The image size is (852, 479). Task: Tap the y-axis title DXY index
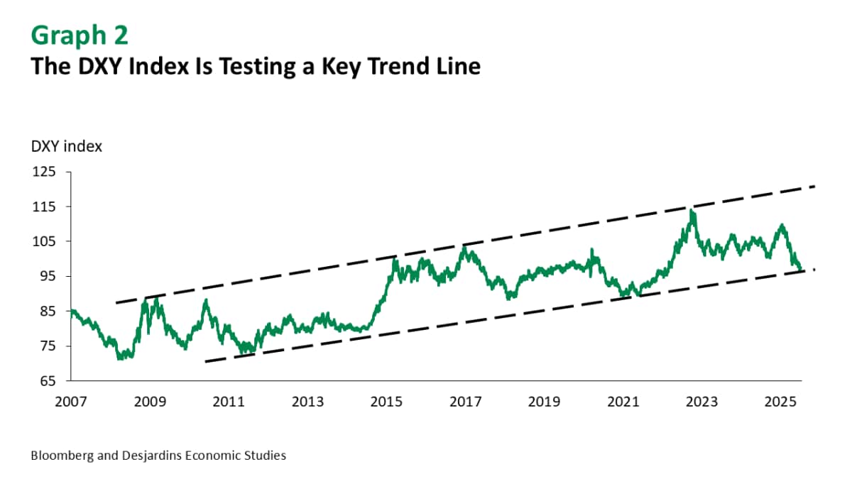pyautogui.click(x=66, y=147)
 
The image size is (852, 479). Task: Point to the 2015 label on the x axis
pyautogui.click(x=386, y=402)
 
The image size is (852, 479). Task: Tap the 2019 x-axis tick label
pyautogui.click(x=544, y=402)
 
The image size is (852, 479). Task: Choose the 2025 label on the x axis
pyautogui.click(x=780, y=402)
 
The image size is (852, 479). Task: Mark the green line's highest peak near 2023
pyautogui.click(x=692, y=210)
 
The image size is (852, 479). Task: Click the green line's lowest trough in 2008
pyautogui.click(x=119, y=359)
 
